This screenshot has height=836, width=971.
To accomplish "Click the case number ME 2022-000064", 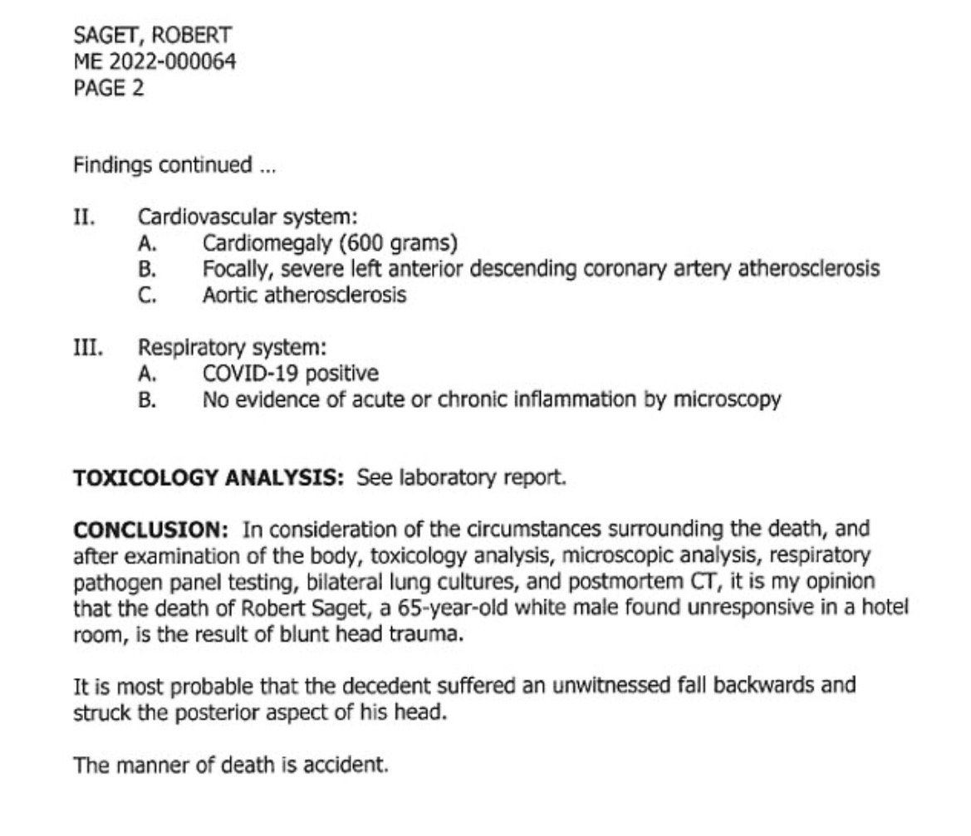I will click(154, 61).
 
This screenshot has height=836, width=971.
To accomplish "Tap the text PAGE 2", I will click(109, 87).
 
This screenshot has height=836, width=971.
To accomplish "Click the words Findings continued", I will click(163, 165).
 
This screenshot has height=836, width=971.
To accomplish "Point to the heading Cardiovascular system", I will click(248, 218).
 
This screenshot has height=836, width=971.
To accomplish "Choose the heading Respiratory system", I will click(232, 348).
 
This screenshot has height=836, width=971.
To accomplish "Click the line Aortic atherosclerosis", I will click(305, 295).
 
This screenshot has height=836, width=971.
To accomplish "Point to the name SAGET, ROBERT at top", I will click(153, 36).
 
